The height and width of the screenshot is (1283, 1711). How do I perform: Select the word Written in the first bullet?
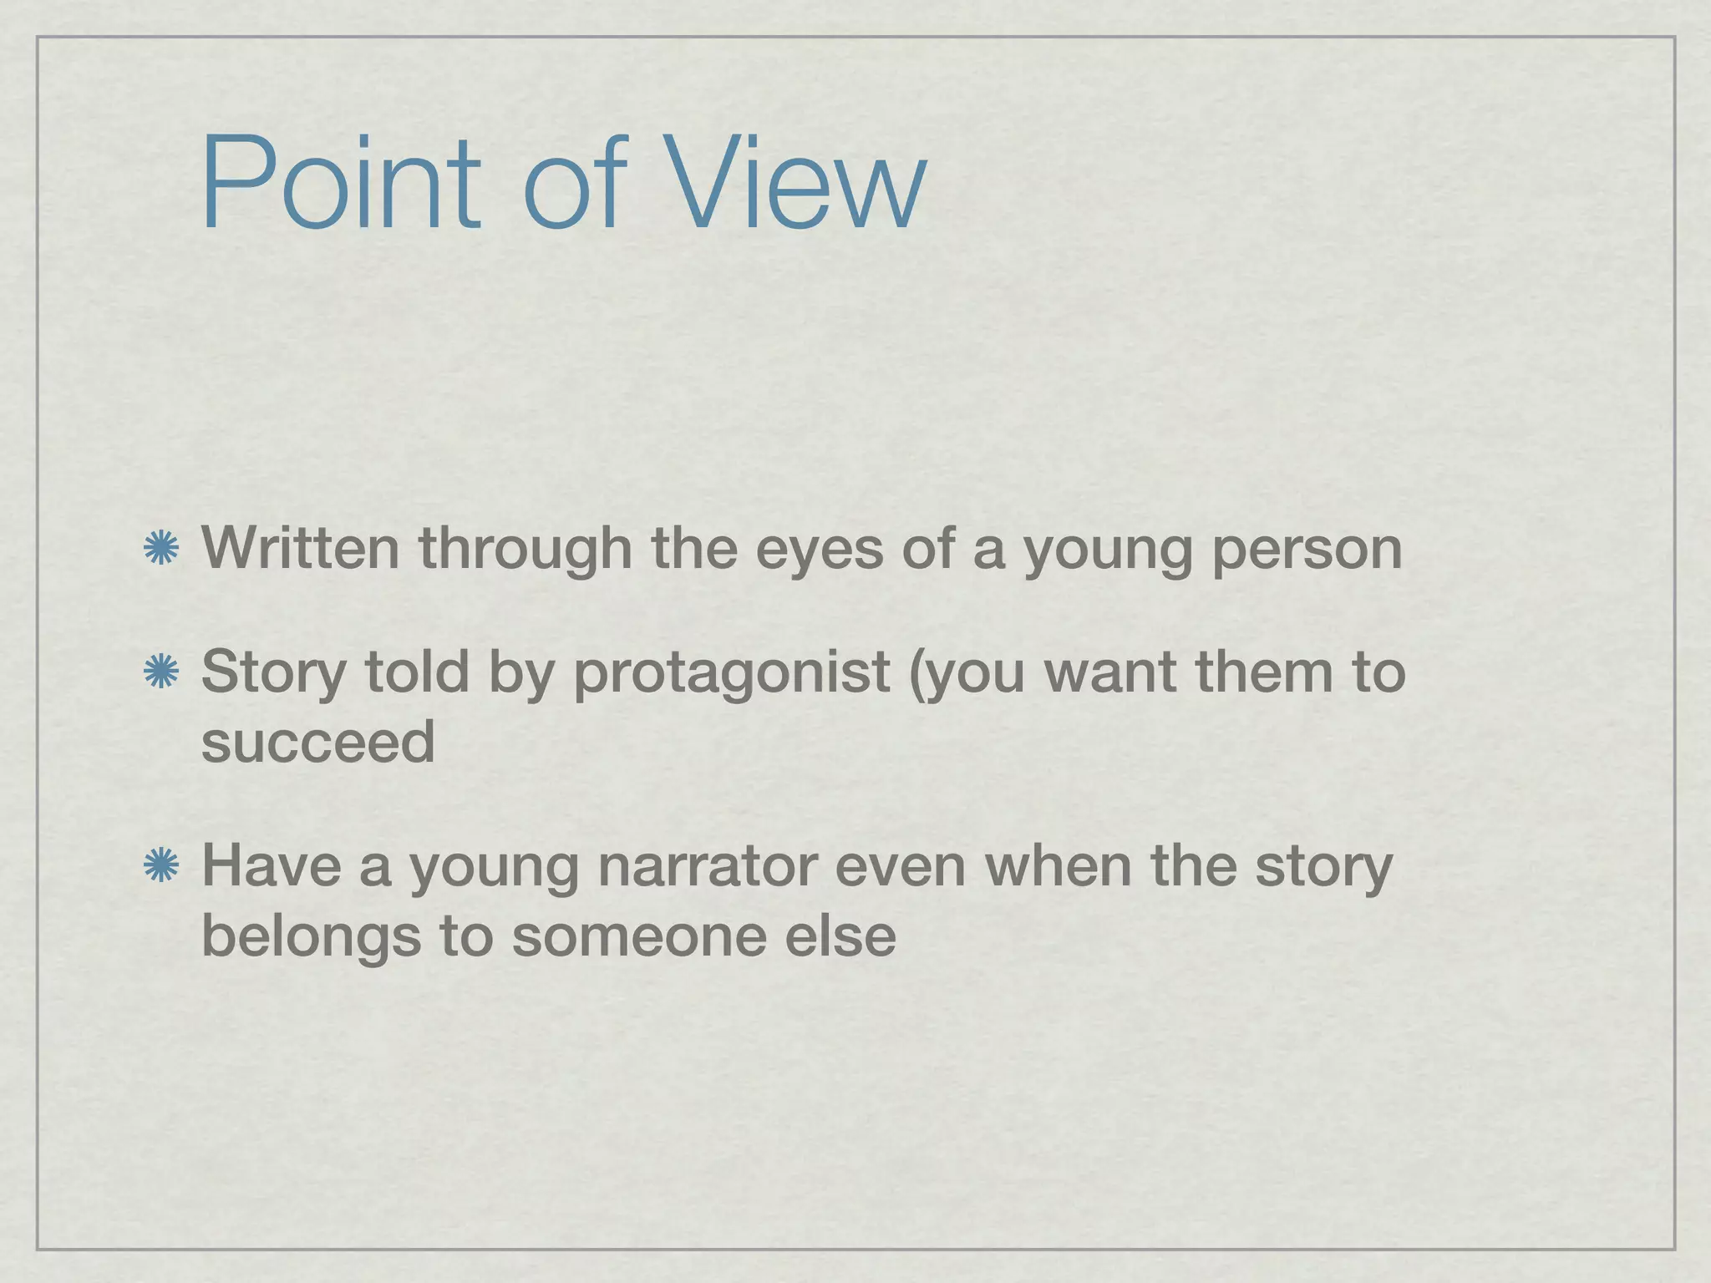[301, 549]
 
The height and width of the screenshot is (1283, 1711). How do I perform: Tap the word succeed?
[318, 741]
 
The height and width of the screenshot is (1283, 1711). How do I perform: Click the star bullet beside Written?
[160, 549]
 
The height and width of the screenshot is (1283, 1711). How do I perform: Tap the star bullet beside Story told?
[160, 672]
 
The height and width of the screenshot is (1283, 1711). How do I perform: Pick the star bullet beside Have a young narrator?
[160, 866]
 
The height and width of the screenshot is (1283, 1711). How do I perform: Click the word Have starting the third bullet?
[272, 865]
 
